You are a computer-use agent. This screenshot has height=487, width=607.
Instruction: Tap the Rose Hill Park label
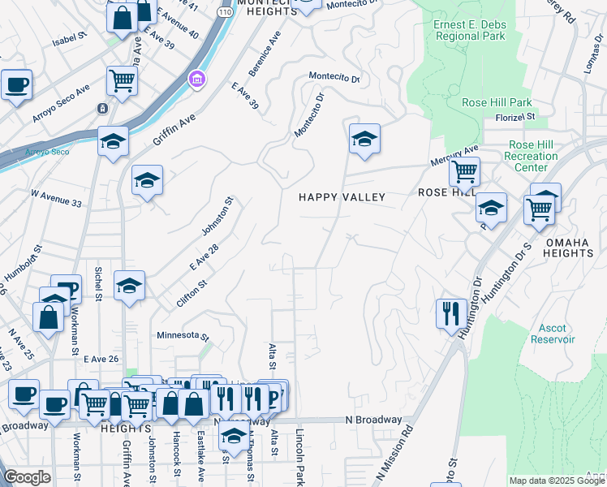(x=497, y=102)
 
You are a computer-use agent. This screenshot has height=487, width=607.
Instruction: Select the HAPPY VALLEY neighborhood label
(x=342, y=197)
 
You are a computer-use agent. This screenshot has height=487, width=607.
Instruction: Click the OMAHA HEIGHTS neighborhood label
(x=569, y=248)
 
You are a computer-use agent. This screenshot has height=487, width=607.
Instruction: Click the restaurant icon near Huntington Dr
(x=450, y=313)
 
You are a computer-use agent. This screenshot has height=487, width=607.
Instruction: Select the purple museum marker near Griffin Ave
(x=196, y=80)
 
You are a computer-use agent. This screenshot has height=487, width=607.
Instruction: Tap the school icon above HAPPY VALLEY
(x=364, y=139)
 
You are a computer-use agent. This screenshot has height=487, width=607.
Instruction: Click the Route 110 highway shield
(x=225, y=13)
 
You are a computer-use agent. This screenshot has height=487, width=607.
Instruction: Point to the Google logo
(x=27, y=477)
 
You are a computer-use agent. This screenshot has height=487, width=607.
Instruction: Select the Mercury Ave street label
(x=455, y=153)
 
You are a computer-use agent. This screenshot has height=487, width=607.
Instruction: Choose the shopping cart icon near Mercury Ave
(x=464, y=172)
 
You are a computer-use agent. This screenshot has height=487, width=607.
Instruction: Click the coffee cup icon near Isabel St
(x=16, y=84)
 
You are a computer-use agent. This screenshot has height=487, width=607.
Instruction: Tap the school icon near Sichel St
(x=129, y=286)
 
